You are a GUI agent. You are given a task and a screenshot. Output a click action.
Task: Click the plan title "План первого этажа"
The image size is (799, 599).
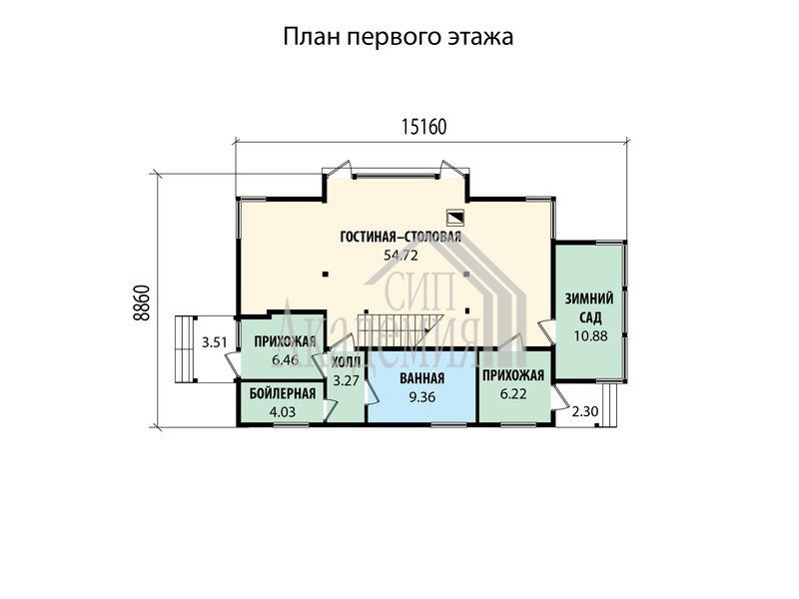click(398, 37)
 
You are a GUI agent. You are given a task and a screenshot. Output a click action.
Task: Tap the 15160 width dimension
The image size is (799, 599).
click(423, 127)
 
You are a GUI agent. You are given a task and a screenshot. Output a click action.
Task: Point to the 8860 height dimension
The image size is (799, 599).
click(142, 301)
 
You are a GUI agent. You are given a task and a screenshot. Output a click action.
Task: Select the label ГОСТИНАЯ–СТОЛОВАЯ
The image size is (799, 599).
click(400, 237)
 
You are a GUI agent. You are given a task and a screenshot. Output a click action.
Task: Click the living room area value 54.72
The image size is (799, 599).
click(400, 256)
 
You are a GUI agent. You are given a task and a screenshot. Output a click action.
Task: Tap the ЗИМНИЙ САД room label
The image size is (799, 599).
click(589, 308)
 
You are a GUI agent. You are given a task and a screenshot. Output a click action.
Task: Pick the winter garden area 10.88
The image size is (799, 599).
click(590, 336)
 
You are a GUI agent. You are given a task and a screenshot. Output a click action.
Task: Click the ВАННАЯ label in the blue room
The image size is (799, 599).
click(421, 378)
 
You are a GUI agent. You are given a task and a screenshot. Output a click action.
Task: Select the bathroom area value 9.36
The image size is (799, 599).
click(421, 396)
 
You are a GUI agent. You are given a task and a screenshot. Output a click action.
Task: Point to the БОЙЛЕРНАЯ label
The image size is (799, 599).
click(283, 393)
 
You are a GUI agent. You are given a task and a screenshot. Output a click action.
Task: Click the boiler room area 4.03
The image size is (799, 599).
click(282, 411)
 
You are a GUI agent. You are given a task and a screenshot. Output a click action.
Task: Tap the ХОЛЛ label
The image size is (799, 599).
click(346, 362)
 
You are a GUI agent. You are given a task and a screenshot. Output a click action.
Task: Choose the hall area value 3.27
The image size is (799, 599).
click(346, 380)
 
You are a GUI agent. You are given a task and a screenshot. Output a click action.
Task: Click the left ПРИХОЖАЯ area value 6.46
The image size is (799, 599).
click(285, 360)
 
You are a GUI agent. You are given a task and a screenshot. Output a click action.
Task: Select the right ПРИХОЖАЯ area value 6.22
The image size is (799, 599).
click(513, 393)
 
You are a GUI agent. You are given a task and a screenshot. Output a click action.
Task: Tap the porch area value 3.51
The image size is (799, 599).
click(214, 342)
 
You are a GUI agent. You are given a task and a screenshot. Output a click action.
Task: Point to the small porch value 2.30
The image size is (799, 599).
click(585, 411)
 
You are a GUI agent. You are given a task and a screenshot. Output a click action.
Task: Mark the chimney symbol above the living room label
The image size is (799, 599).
click(454, 218)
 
